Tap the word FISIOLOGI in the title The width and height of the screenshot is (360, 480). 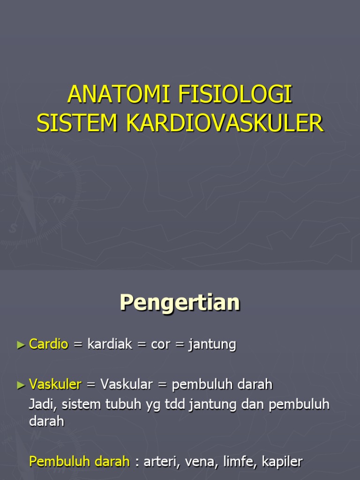(x=235, y=95)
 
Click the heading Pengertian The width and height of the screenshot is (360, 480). (x=180, y=303)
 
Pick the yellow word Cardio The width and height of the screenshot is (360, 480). (x=49, y=345)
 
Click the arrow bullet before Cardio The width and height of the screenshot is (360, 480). (x=21, y=345)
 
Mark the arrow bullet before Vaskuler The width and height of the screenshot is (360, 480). (x=21, y=385)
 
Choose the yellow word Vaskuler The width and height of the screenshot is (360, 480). (x=55, y=385)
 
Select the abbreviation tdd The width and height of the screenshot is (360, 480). (x=175, y=404)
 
